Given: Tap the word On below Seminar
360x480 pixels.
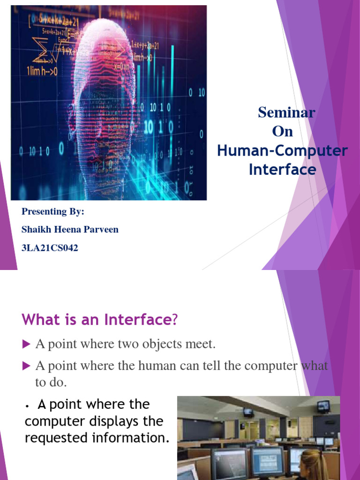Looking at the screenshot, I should [x=283, y=132].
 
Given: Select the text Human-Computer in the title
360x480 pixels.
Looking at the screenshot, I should [x=282, y=151].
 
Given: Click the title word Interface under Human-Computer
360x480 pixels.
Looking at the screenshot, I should [x=282, y=169].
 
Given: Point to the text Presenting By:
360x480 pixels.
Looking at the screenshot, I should [x=53, y=211].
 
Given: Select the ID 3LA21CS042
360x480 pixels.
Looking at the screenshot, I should [x=50, y=248].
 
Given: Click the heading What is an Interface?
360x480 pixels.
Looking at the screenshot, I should [x=100, y=321].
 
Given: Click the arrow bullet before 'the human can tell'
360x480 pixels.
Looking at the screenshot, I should [x=26, y=365].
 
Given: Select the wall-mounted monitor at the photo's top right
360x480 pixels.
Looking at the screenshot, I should [x=323, y=406].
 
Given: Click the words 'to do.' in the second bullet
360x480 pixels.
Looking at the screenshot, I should [x=51, y=382].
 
